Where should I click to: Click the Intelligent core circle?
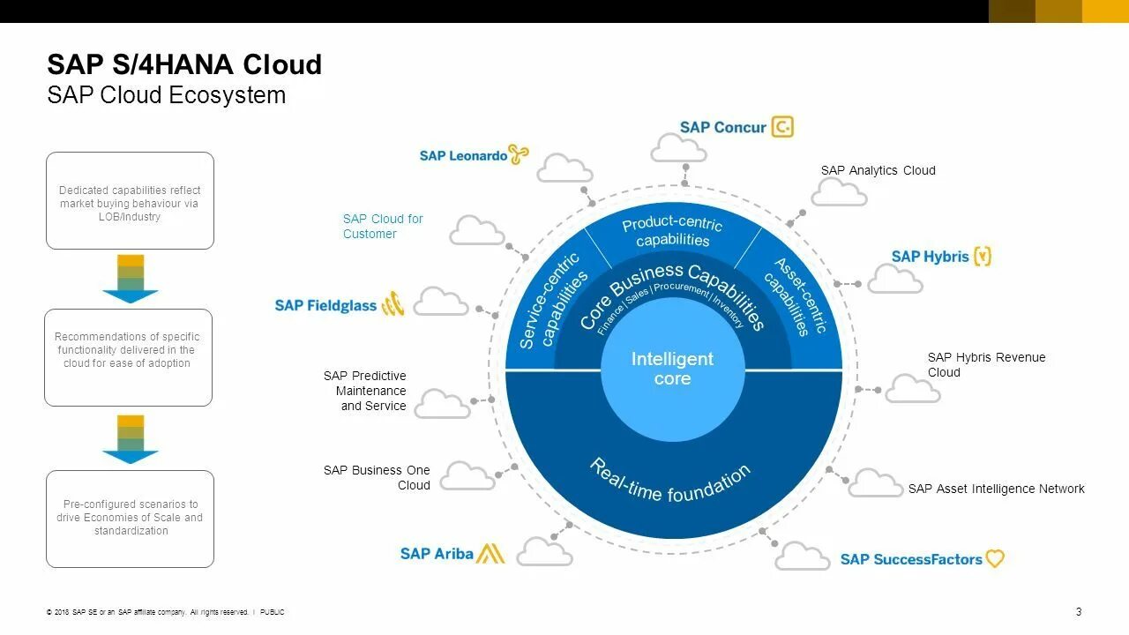coord(672,369)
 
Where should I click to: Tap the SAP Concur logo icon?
coord(782,127)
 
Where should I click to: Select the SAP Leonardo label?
coord(463,156)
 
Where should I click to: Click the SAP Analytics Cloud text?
coord(878,170)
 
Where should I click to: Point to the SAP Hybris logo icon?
coord(983,257)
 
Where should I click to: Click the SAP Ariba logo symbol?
coord(491,554)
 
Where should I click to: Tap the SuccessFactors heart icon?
coord(995,559)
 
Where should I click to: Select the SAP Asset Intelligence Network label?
coord(996,489)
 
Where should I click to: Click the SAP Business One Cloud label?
coord(377,477)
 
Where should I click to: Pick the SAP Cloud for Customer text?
coord(383,226)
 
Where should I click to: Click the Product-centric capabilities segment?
coord(672,232)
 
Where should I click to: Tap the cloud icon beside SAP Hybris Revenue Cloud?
coord(912,389)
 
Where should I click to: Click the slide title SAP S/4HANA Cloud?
coord(184,64)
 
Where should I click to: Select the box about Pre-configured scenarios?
coord(130,519)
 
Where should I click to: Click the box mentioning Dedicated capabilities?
coord(130,201)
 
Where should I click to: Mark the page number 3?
coord(1079,612)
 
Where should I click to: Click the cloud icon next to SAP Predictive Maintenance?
coord(442,404)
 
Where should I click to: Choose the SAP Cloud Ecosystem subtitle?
coord(167,95)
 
